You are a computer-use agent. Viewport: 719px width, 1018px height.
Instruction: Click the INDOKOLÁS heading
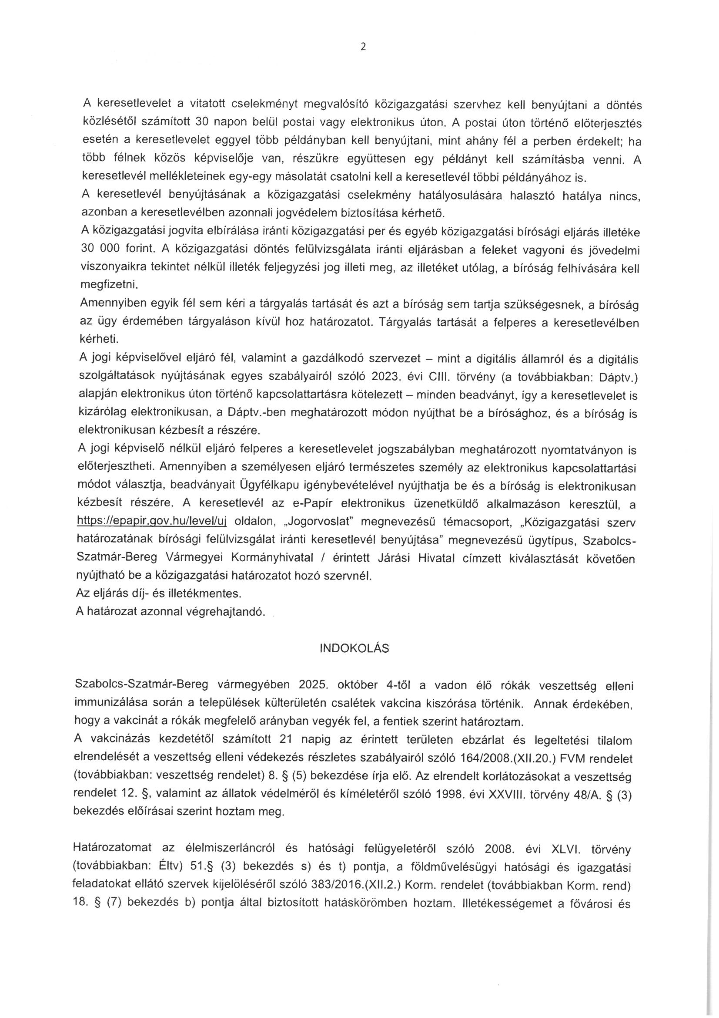354,648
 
